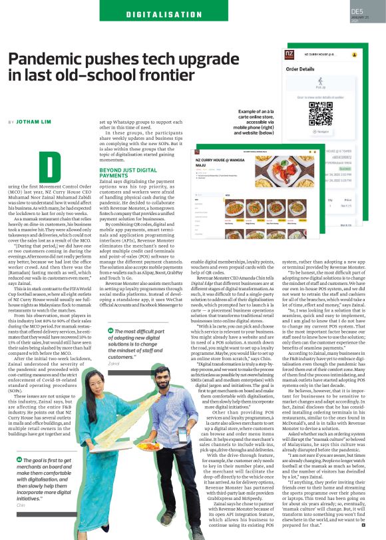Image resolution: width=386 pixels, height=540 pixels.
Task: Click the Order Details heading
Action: pyautogui.click(x=300, y=69)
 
